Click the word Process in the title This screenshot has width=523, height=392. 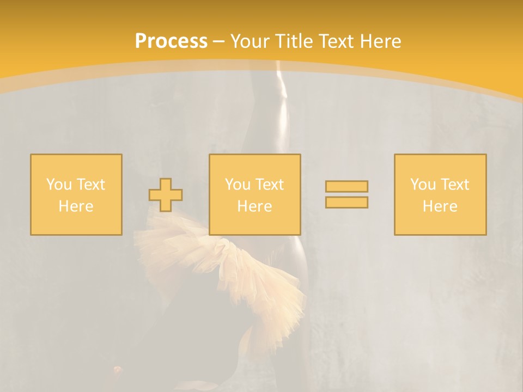[171, 41]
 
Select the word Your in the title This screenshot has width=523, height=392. [251, 41]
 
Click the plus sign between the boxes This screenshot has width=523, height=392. [166, 195]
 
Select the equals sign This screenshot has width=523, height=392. [346, 194]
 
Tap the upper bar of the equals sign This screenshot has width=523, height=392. [346, 187]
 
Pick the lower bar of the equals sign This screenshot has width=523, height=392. [346, 202]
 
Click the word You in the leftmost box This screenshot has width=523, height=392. [59, 185]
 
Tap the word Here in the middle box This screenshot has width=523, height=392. [255, 206]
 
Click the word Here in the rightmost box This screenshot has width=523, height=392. [440, 206]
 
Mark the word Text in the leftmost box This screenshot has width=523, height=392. [91, 185]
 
